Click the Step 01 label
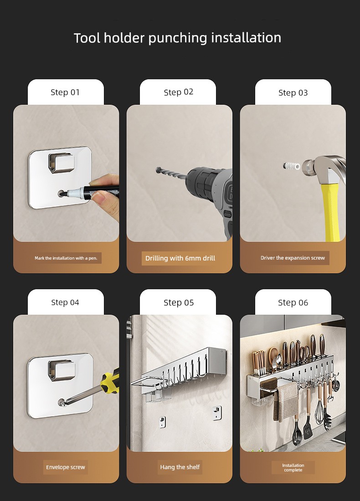65,92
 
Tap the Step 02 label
178,92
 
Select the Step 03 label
293,92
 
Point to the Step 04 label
65,302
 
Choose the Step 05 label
179,302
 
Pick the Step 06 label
293,302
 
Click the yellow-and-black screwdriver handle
110,381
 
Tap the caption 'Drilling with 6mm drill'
180,258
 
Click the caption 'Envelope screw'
66,467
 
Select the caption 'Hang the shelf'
180,467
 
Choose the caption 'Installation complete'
293,467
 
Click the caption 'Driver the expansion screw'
293,258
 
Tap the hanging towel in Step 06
286,403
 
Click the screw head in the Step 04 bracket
62,403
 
